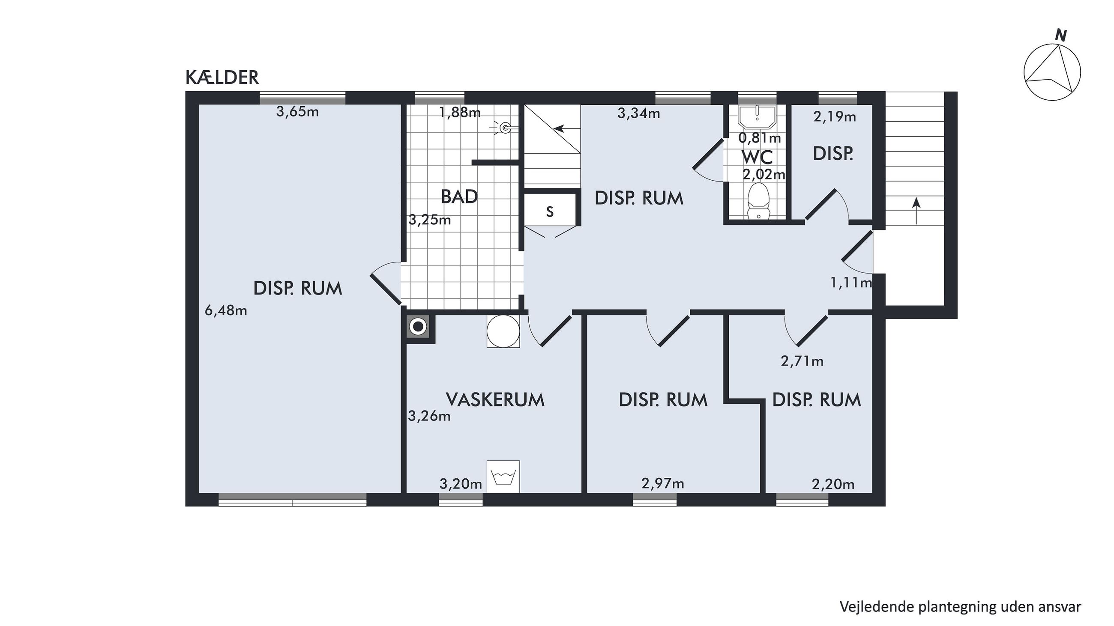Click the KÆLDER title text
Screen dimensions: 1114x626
click(x=222, y=78)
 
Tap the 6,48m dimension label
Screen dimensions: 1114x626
click(x=226, y=310)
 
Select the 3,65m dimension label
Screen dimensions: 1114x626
click(x=297, y=112)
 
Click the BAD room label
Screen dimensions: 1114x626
click(x=459, y=197)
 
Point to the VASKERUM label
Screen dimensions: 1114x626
click(x=495, y=400)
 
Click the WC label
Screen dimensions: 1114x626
click(x=757, y=158)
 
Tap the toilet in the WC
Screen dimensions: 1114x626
click(x=758, y=200)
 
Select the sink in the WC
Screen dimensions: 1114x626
click(x=757, y=116)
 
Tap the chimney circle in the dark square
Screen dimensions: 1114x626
click(x=418, y=327)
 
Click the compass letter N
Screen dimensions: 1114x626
click(x=1060, y=36)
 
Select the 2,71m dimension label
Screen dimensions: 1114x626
click(x=802, y=361)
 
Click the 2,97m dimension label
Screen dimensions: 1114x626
click(x=663, y=483)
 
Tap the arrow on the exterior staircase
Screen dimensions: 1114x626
click(x=916, y=211)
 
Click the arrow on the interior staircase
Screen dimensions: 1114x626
click(x=565, y=128)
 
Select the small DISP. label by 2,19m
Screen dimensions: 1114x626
click(x=833, y=154)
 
